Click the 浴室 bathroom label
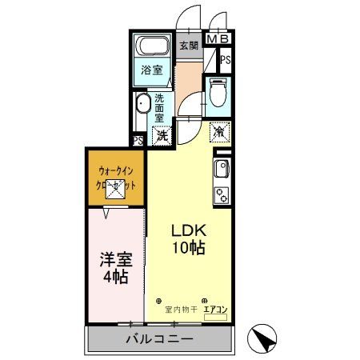coord(152,70)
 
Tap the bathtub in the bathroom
coord(153,46)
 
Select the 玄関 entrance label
coord(188,46)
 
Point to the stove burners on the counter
coord(220,193)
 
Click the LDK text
coord(190,230)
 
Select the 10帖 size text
coord(190,247)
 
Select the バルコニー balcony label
coord(158,339)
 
